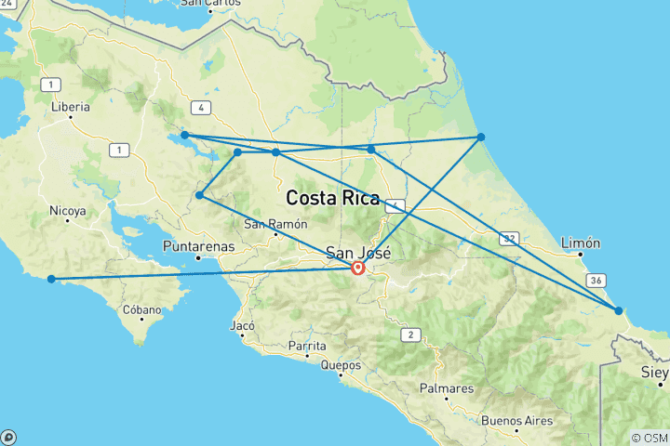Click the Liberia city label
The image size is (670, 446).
click(x=71, y=107)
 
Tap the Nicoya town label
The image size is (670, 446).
click(x=68, y=211)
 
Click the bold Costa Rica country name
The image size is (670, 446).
click(x=332, y=198)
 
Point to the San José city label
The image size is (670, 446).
click(x=357, y=253)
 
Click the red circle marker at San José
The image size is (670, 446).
click(x=357, y=269)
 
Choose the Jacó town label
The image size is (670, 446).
click(x=241, y=326)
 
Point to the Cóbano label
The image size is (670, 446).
click(x=141, y=310)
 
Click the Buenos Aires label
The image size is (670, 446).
click(x=517, y=421)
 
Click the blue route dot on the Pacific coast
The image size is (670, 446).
click(x=52, y=279)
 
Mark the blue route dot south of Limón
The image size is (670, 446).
click(x=619, y=309)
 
